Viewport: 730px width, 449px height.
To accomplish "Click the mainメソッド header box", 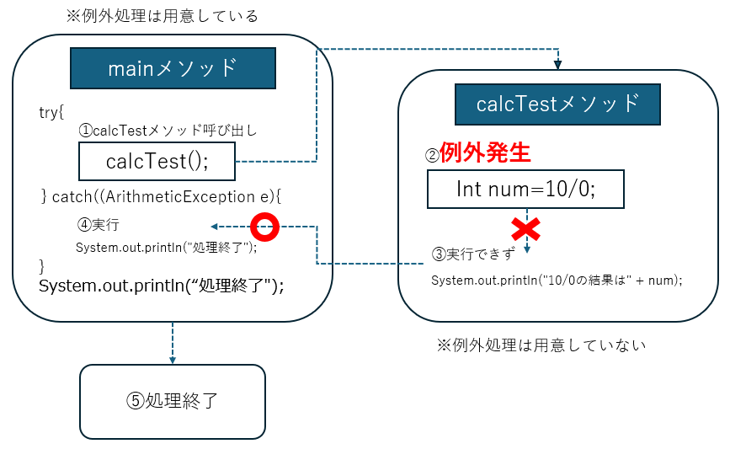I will [173, 68].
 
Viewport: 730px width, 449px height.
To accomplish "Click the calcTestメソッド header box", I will [557, 104].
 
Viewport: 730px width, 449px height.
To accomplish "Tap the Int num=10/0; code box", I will [525, 189].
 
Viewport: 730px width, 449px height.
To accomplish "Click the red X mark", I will [526, 228].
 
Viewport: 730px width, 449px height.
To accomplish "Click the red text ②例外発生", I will [477, 153].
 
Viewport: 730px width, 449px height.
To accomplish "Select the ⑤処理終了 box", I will [172, 401].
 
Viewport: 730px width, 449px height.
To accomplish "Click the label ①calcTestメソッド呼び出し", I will [168, 131].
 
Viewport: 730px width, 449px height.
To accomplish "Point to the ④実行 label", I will [98, 226].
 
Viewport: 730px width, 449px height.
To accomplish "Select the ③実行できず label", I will [472, 254].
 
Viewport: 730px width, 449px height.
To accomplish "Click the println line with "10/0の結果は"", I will [557, 280].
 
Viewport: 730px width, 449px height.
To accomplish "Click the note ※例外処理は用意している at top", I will [162, 16].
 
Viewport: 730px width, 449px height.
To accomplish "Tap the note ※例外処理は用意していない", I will [540, 345].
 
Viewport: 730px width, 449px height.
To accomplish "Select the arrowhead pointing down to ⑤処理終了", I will [172, 358].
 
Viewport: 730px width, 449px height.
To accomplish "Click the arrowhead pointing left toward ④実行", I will [215, 226].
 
